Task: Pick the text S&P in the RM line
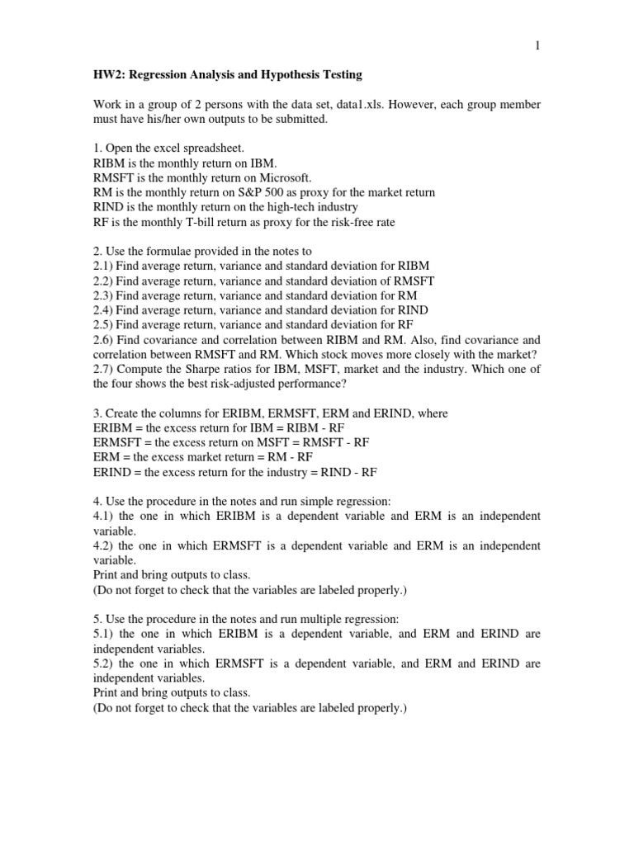point(263,193)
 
